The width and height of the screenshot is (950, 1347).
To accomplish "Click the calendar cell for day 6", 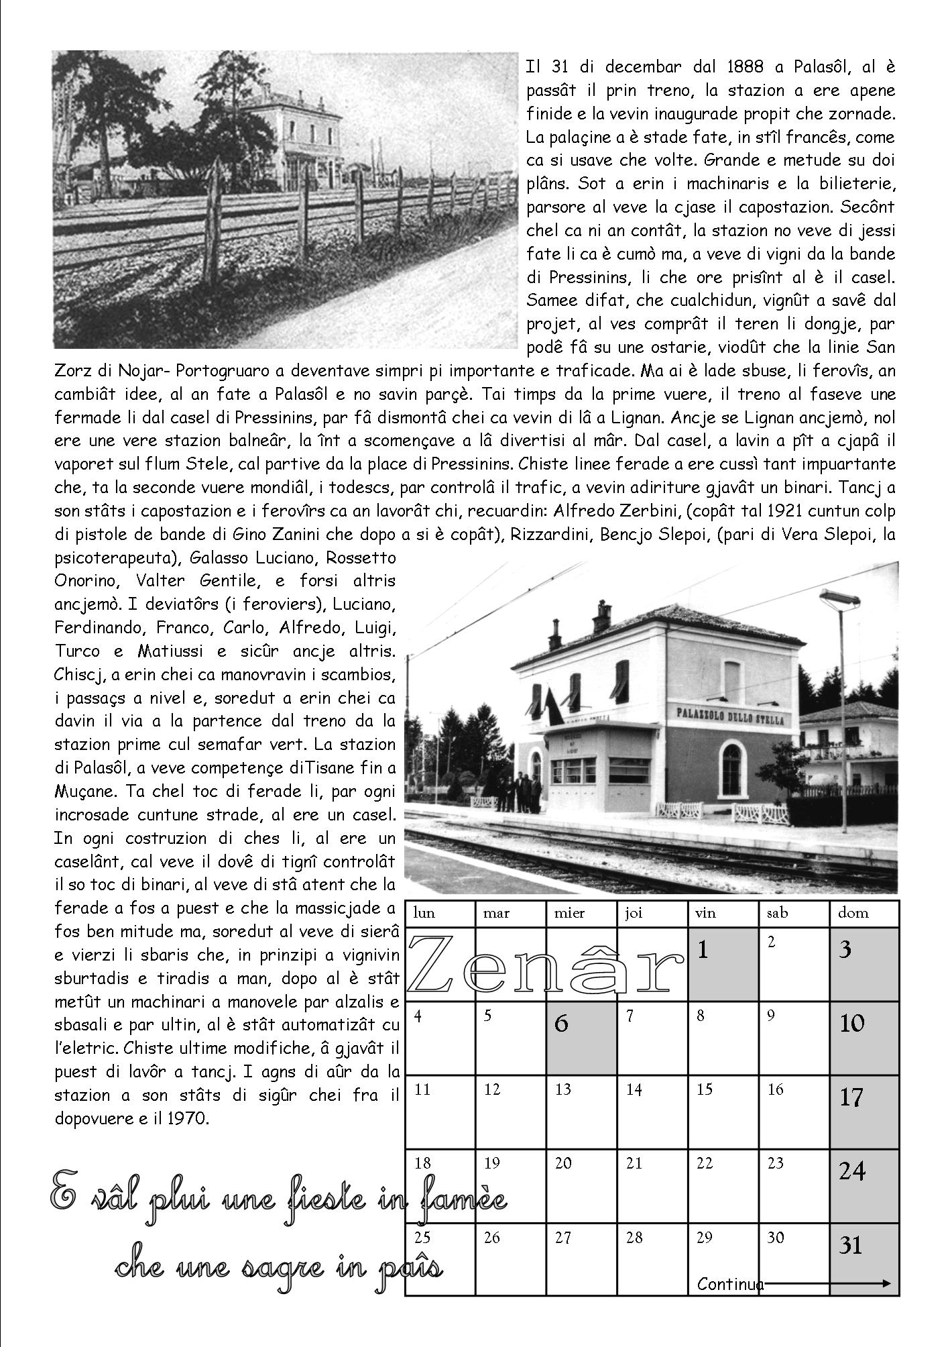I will click(x=581, y=1038).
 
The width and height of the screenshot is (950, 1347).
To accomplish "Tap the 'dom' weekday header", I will click(x=853, y=913).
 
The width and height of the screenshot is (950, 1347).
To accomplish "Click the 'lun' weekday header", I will click(x=424, y=913).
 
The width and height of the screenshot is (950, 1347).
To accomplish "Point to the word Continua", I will click(x=730, y=1284).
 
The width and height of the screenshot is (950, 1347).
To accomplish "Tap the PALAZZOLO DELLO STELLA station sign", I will click(x=727, y=714).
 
